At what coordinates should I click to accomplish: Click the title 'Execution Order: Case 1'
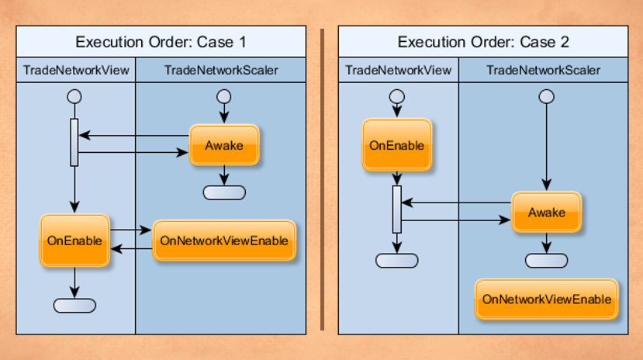tap(161, 42)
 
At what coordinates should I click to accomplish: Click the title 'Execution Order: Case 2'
tap(483, 42)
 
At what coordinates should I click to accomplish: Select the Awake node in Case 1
tap(223, 145)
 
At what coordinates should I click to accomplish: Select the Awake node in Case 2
tap(546, 212)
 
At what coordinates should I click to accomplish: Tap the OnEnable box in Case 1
tap(74, 241)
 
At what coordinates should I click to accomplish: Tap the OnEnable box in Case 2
tap(396, 145)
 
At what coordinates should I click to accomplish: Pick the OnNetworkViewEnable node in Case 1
tap(223, 241)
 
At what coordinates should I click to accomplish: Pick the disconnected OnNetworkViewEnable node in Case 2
tap(547, 299)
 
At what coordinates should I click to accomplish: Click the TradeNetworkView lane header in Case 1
tap(76, 71)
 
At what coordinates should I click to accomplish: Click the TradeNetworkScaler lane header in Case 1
tap(221, 71)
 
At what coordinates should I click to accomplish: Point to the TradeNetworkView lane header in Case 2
tap(398, 71)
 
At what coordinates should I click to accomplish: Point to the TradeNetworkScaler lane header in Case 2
tap(543, 71)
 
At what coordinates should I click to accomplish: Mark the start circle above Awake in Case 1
tap(223, 97)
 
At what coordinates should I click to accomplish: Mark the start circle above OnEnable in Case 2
tap(396, 97)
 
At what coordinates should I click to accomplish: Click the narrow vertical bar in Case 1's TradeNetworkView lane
tap(74, 142)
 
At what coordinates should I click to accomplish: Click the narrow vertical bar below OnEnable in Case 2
tap(396, 209)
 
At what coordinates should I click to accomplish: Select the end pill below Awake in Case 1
tap(223, 192)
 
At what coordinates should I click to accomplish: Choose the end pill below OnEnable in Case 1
tap(74, 305)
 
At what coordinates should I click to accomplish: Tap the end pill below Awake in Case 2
tap(546, 260)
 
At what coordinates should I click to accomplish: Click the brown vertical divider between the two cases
tap(322, 180)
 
